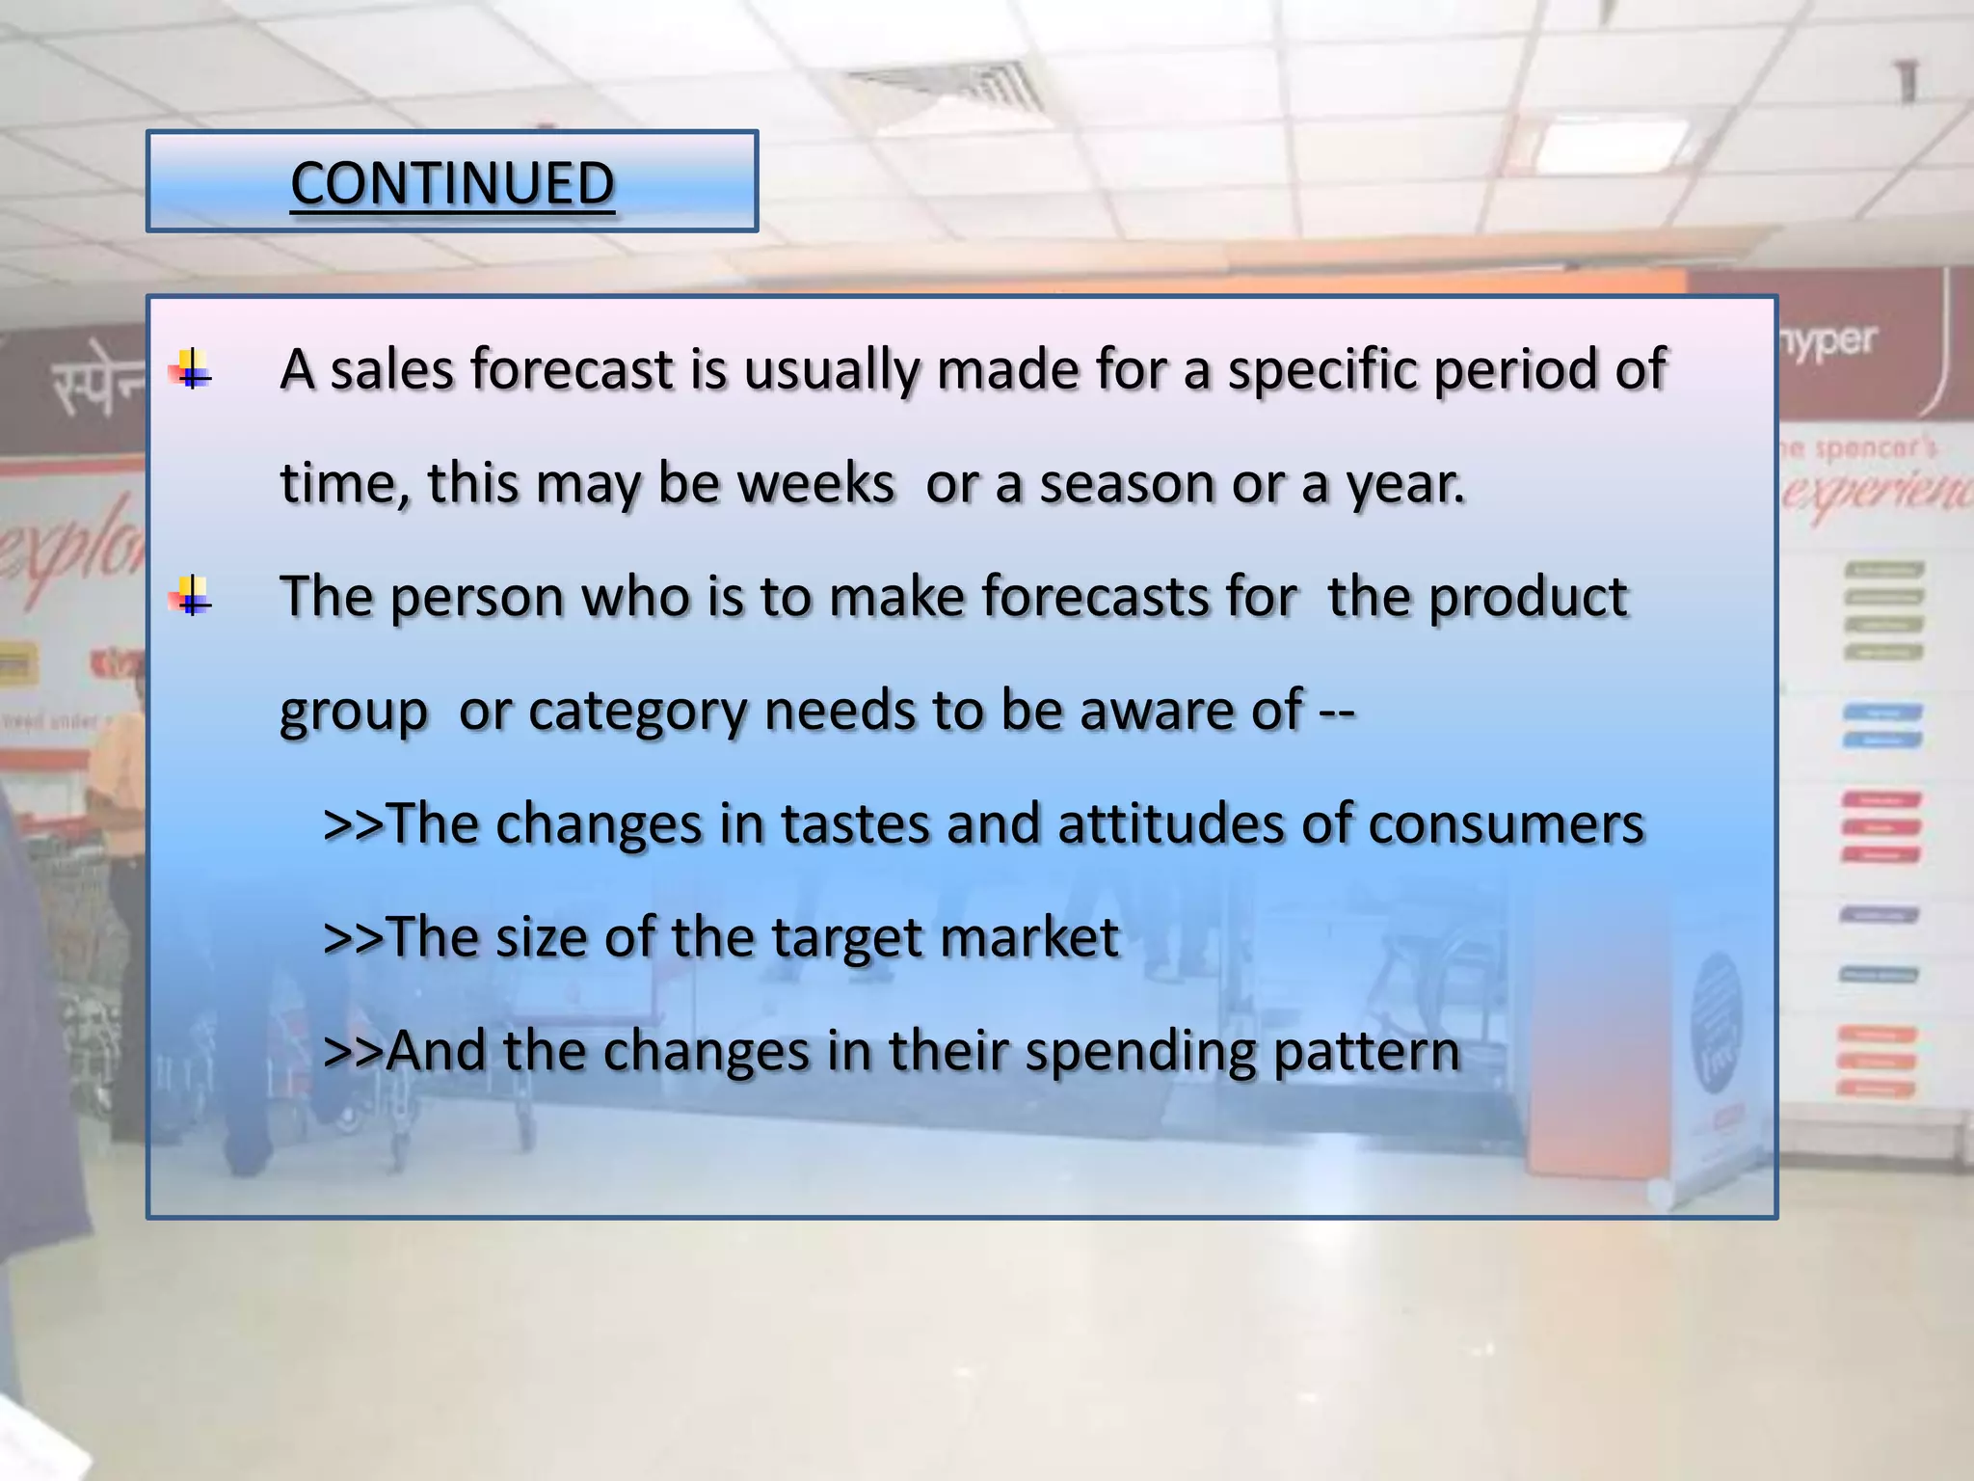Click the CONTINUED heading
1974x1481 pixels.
pyautogui.click(x=452, y=183)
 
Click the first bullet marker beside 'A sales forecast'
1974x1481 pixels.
pyautogui.click(x=193, y=369)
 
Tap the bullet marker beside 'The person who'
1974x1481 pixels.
pyautogui.click(x=193, y=597)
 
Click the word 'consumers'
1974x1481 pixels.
pyautogui.click(x=1506, y=824)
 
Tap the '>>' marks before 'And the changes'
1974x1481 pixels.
pyautogui.click(x=353, y=1052)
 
